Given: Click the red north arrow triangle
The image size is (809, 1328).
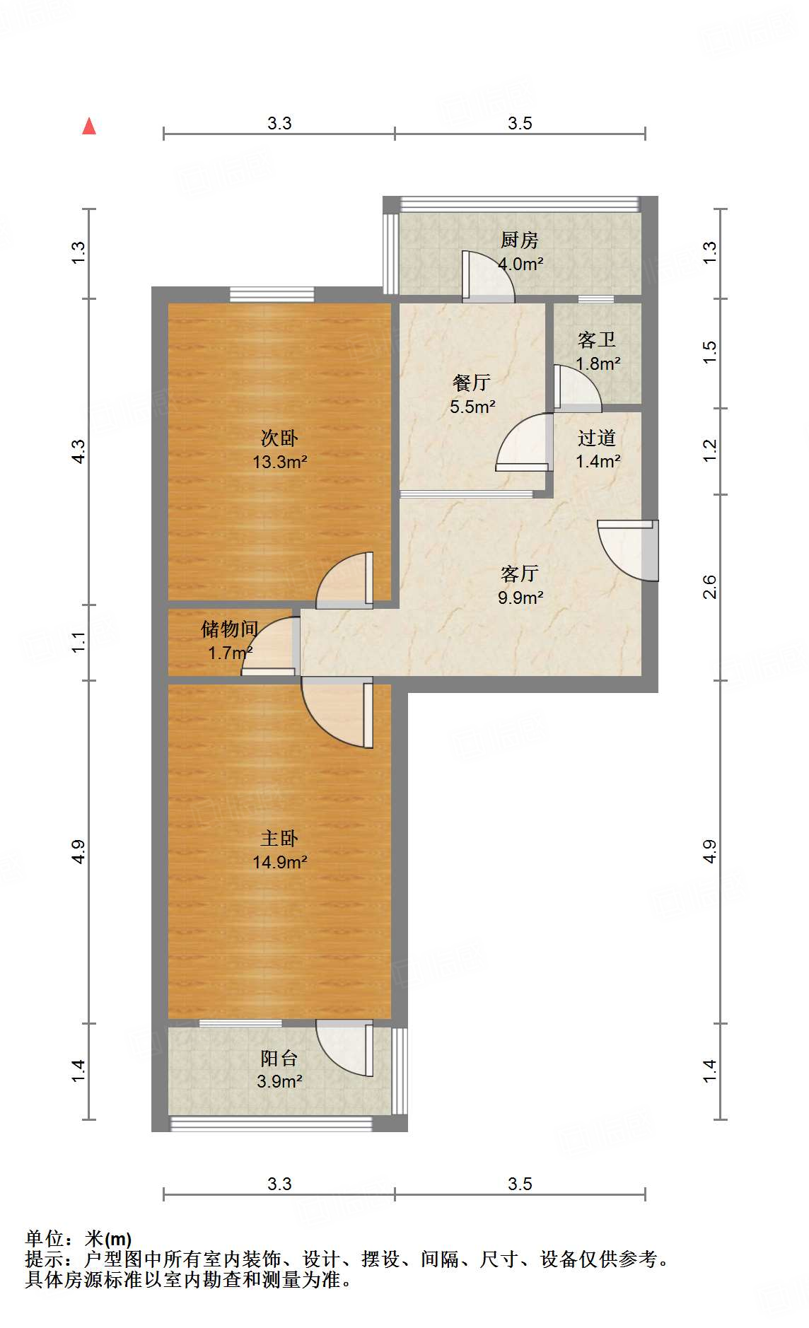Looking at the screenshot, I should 89,127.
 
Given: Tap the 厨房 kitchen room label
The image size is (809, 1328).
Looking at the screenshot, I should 520,251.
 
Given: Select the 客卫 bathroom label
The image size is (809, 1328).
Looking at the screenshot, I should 597,351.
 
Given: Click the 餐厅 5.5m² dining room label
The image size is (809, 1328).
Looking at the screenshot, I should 472,394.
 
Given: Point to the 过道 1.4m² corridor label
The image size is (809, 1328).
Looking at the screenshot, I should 597,449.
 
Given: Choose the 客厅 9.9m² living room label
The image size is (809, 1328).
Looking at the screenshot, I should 520,585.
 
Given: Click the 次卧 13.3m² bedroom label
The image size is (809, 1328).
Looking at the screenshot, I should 279,449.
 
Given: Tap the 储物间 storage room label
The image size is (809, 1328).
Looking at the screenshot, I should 230,640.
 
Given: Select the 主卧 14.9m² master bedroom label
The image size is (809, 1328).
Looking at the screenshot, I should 279,849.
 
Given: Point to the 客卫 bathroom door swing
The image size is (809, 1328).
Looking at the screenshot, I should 577,389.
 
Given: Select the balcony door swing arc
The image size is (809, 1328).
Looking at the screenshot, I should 345,1048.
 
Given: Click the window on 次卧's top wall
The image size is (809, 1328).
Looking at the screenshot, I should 272,293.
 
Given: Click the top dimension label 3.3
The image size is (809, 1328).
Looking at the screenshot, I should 279,124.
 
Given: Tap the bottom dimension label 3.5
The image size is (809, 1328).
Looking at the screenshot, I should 520,1184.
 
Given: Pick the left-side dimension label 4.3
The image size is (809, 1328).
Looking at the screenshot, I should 78,451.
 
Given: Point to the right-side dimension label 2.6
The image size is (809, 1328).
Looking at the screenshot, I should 709,587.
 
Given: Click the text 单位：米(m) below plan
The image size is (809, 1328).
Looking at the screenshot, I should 78,1239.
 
